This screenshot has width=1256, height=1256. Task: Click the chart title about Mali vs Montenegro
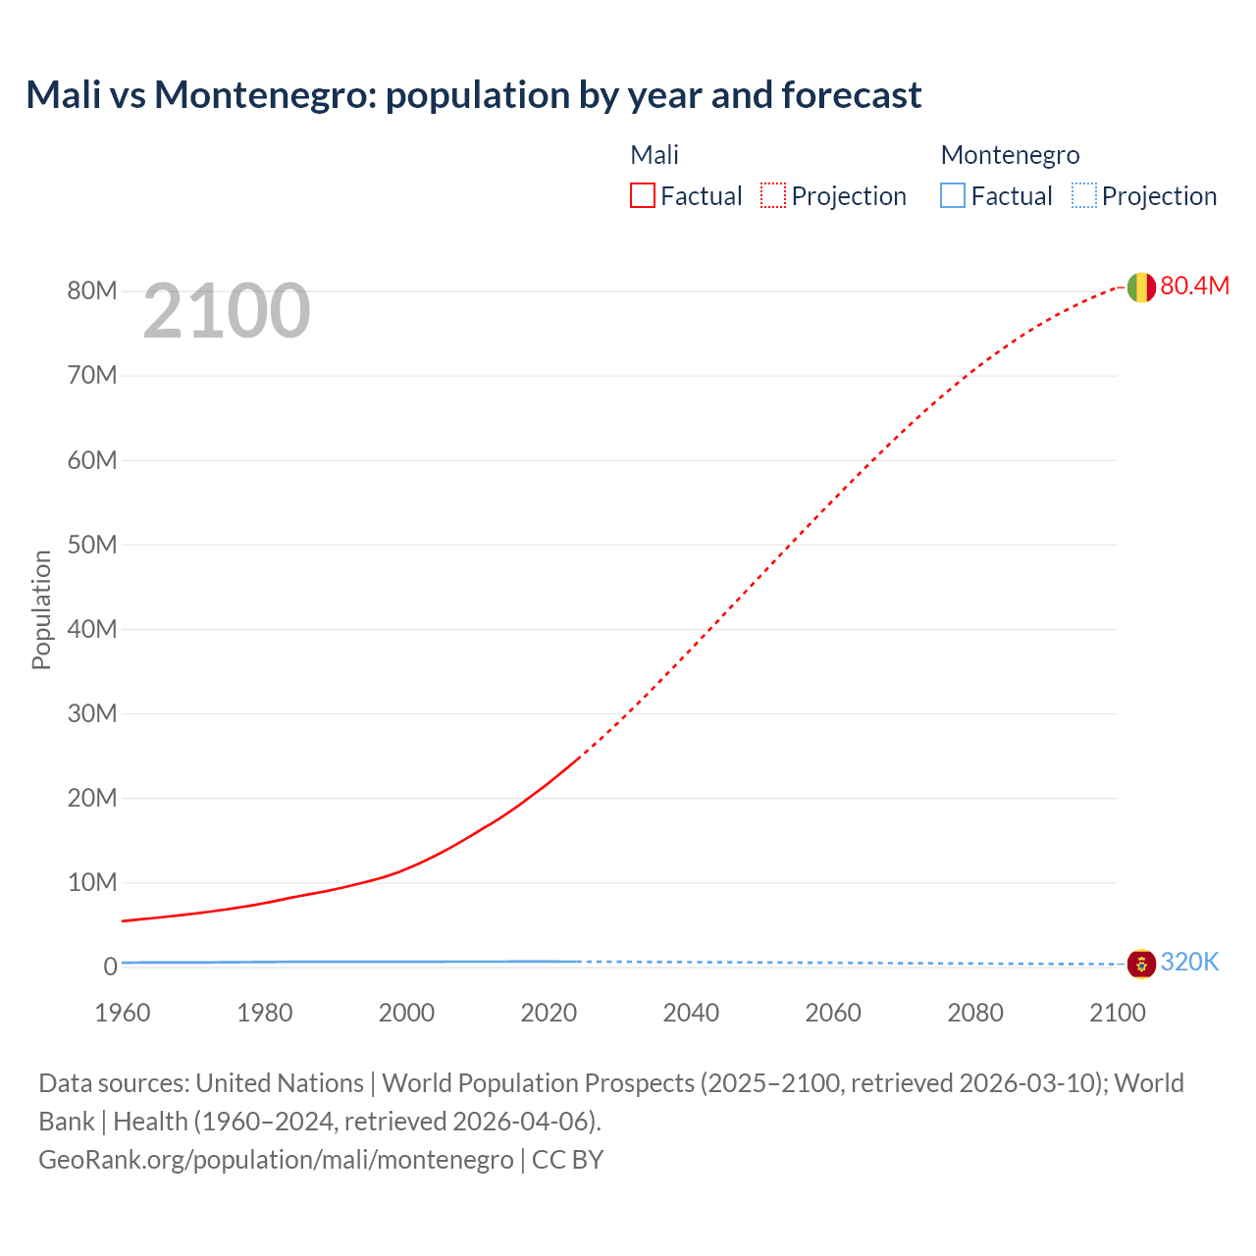tap(473, 95)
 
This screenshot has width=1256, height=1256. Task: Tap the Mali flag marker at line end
tap(1140, 287)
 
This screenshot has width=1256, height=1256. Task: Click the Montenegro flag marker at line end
tap(1140, 964)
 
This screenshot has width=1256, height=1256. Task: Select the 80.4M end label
tap(1194, 286)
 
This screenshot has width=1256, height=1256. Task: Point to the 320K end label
tap(1189, 963)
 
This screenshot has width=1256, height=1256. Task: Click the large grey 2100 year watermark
tap(227, 311)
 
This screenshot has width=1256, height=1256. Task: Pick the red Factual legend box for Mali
tap(643, 196)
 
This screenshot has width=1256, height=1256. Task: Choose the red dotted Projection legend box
tap(773, 196)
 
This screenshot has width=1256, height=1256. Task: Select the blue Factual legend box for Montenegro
tap(953, 196)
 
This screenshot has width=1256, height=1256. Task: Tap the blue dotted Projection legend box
tap(1083, 196)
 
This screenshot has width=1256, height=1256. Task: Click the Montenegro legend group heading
tap(1010, 155)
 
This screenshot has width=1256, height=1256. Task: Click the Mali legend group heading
tap(654, 155)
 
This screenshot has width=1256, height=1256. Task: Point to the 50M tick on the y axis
tap(92, 545)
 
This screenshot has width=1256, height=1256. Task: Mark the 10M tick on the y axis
tap(92, 882)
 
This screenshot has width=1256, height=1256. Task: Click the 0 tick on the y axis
tap(110, 967)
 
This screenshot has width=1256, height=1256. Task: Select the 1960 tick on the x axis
tap(123, 1013)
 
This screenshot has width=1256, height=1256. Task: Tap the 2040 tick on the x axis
tap(691, 1013)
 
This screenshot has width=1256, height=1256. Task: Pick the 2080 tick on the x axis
tap(975, 1013)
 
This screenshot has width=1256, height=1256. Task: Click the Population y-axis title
tap(41, 609)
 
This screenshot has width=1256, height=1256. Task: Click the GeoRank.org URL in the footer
tap(276, 1160)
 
